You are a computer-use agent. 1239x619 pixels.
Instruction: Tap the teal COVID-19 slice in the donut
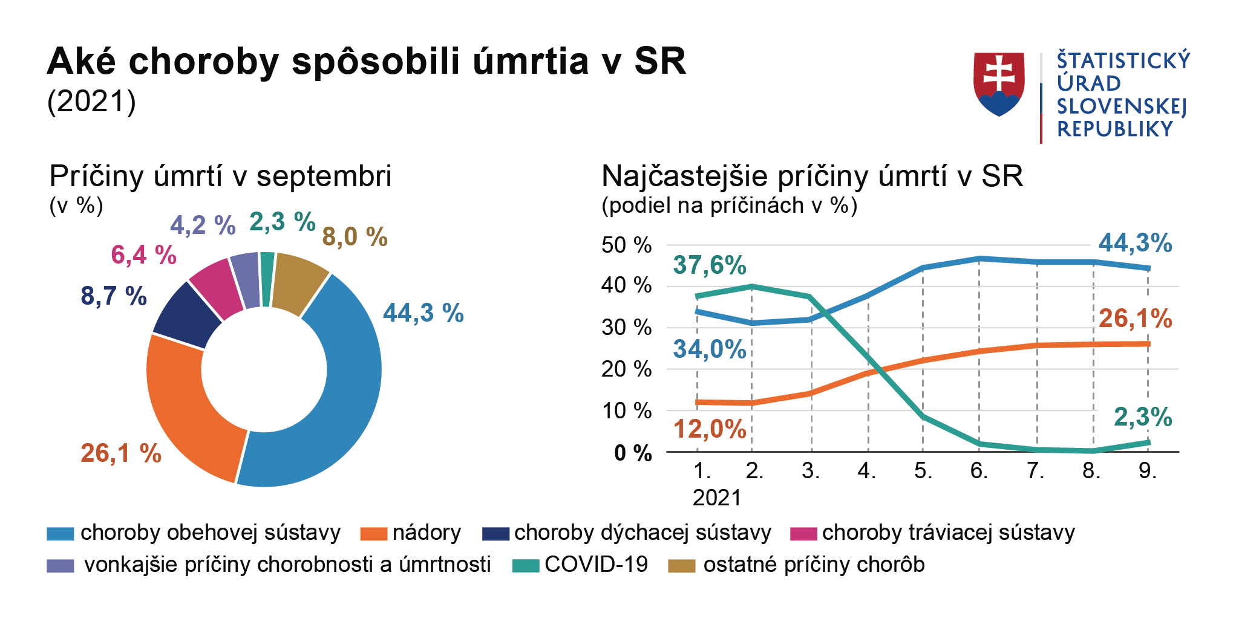point(267,279)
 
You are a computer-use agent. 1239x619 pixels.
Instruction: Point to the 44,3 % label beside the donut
point(423,313)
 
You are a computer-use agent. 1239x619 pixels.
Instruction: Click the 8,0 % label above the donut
point(355,236)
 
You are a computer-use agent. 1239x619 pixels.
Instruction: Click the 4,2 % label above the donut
point(203,225)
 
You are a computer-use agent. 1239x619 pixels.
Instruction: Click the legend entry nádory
point(427,533)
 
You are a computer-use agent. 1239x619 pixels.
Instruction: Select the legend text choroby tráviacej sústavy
point(948,533)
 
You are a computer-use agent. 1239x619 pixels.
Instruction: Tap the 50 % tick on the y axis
point(626,245)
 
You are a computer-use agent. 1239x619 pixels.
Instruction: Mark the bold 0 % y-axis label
point(633,453)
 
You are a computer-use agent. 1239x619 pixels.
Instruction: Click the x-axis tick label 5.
point(923,471)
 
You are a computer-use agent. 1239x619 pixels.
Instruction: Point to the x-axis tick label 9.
point(1147,471)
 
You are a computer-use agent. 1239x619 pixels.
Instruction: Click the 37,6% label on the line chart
point(710,265)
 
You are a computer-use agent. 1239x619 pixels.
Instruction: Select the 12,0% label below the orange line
point(710,429)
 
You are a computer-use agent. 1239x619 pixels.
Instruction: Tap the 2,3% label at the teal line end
point(1143,417)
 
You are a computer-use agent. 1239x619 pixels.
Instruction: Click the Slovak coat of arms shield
point(999,83)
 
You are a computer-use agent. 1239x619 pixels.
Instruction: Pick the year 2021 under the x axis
point(717,497)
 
